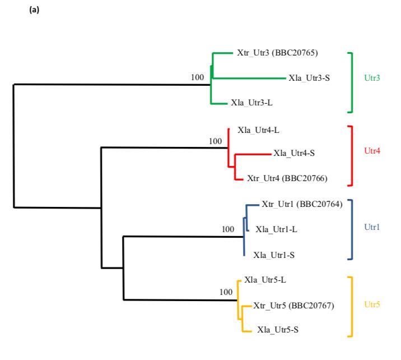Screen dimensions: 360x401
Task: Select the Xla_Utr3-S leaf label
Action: coord(309,78)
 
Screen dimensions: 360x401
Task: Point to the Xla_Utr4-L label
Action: coord(258,130)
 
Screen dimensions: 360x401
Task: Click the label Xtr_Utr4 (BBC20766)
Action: coord(287,179)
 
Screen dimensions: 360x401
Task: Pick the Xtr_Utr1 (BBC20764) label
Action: coord(302,204)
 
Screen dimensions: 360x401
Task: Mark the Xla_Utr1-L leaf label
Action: coord(276,229)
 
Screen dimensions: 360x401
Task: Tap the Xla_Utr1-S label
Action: coord(274,255)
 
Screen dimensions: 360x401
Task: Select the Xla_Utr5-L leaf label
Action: coord(265,279)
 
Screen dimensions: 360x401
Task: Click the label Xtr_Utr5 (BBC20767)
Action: coord(293,306)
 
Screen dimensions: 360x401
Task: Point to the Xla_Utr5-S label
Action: coord(278,330)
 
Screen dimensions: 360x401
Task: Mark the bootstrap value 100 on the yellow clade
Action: coord(225,292)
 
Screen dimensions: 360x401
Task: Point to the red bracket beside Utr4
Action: coord(353,155)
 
